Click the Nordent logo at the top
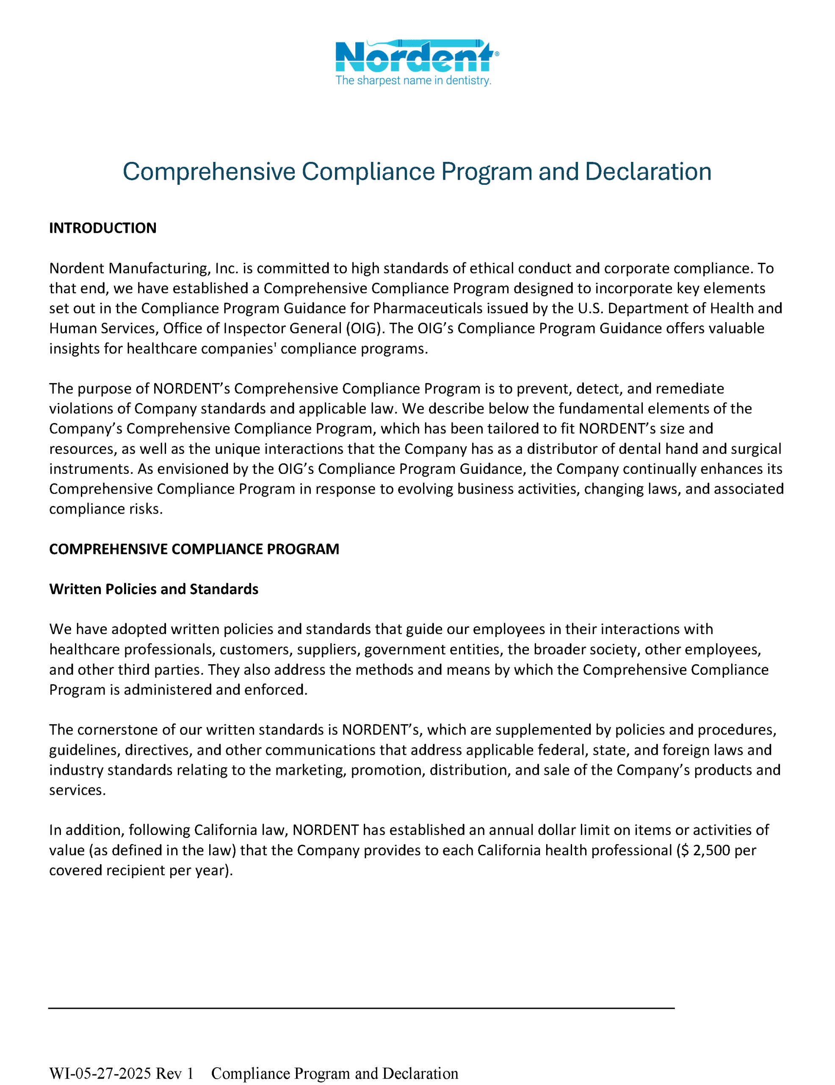pyautogui.click(x=415, y=56)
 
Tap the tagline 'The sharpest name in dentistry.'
pyautogui.click(x=413, y=81)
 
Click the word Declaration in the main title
pyautogui.click(x=648, y=172)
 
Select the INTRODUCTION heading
pyautogui.click(x=103, y=228)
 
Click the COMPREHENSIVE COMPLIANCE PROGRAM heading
pyautogui.click(x=194, y=549)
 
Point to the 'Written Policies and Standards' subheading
pyautogui.click(x=153, y=589)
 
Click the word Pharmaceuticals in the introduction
pyautogui.click(x=427, y=309)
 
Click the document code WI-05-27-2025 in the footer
pyautogui.click(x=100, y=1074)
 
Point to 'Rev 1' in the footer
pyautogui.click(x=175, y=1074)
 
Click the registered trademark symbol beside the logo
pyautogui.click(x=497, y=53)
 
